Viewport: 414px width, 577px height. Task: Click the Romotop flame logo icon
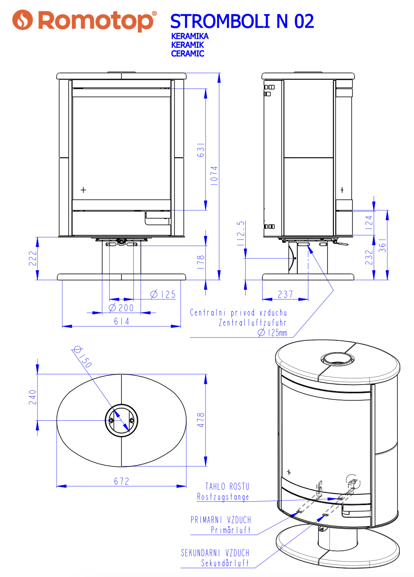22,20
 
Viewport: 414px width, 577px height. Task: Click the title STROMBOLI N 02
242,22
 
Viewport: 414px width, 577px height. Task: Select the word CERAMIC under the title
187,54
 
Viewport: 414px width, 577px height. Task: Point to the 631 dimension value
201,150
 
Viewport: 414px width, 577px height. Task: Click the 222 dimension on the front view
32,258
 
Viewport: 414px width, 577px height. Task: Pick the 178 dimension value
201,262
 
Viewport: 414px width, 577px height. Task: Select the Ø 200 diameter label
121,308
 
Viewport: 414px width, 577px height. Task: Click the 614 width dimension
121,321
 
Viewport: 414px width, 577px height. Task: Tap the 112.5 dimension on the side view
241,233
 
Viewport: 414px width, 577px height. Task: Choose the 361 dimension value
382,245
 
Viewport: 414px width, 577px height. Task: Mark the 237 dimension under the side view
286,294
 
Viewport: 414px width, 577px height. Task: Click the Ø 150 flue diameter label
82,356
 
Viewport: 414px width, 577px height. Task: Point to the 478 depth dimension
201,420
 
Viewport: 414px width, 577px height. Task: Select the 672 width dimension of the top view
121,481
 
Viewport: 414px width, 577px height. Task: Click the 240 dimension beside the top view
32,397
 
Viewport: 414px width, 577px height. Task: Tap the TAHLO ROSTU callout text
227,486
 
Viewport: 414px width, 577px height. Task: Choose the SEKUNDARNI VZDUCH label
215,553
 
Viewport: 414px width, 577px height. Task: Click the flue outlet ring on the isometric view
338,359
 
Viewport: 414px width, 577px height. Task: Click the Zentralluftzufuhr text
253,323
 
